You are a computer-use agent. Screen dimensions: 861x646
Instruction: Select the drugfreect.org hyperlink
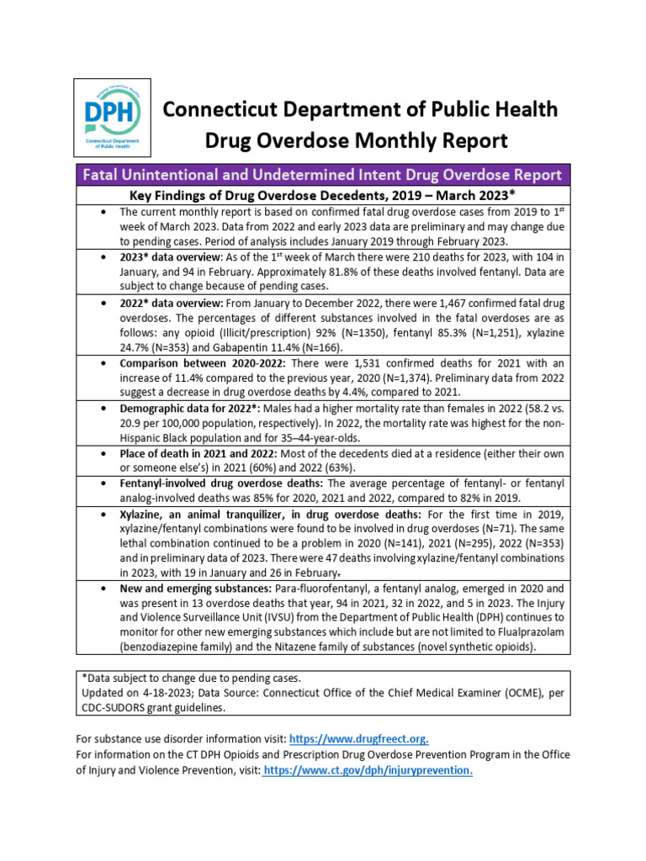click(x=358, y=739)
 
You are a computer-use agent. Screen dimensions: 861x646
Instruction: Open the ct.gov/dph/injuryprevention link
click(x=368, y=770)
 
